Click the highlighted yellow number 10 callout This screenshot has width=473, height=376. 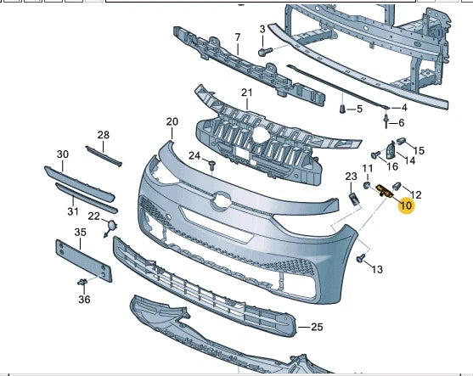406,205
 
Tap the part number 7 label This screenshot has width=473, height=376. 238,38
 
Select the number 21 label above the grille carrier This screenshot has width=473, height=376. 247,93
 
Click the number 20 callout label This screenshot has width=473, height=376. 172,122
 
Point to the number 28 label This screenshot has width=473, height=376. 104,135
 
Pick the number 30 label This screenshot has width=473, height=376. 63,154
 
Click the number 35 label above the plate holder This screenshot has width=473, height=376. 80,232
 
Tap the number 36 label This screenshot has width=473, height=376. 84,299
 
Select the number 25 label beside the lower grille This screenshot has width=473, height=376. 317,327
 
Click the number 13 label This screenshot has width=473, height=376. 377,269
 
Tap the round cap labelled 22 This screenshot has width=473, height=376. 110,227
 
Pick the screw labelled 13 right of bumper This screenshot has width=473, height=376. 363,259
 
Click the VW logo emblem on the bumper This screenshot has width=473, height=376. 222,201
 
